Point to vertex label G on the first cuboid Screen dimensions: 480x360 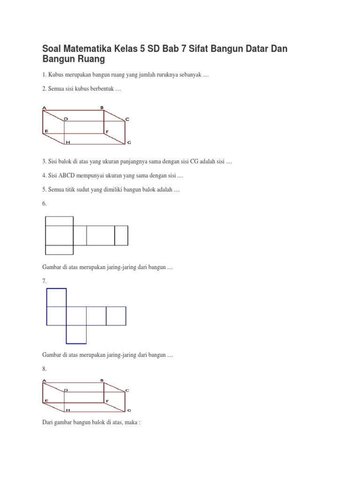(129, 142)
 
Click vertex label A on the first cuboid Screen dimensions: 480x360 (44, 108)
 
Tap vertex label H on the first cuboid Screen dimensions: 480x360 (68, 142)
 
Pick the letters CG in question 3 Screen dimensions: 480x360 (194, 161)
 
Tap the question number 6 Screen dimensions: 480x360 (44, 204)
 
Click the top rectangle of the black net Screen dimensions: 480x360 (59, 221)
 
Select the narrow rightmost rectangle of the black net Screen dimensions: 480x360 (121, 235)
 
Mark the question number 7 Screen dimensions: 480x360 (44, 280)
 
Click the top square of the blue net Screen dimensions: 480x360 (56, 297)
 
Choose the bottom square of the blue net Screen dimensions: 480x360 (76, 334)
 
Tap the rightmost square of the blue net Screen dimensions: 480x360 (116, 315)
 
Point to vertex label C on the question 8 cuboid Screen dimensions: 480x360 (127, 390)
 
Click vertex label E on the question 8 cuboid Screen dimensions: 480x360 (46, 401)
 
